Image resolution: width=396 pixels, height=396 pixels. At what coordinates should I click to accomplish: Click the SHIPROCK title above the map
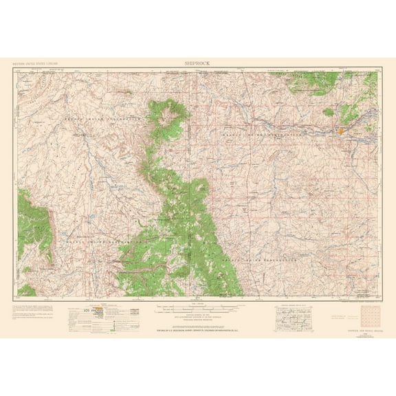point(197,62)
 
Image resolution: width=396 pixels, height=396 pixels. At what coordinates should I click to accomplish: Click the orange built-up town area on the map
point(340,129)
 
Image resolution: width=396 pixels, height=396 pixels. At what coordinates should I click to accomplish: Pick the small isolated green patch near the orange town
point(328,111)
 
